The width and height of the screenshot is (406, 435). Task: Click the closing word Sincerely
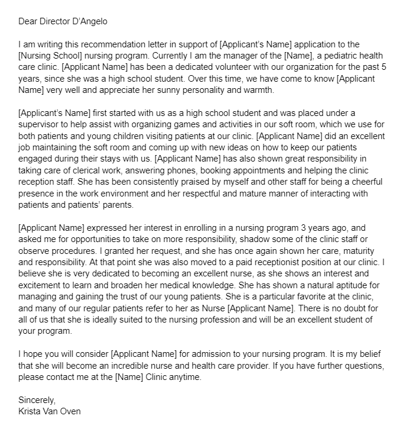(x=37, y=399)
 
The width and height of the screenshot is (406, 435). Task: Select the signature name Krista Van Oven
(x=50, y=410)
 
